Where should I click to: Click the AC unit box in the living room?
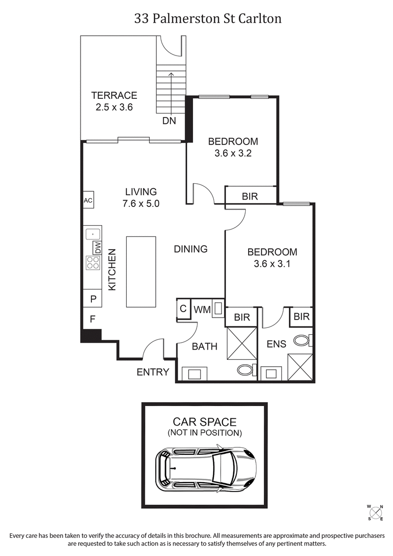[88, 201]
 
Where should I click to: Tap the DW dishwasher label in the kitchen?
[97, 248]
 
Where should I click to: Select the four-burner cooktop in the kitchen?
[92, 263]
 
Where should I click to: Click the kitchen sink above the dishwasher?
[92, 234]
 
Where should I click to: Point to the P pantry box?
[92, 298]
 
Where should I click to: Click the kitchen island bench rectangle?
[141, 271]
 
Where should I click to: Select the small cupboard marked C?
[183, 309]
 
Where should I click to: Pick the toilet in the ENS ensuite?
[301, 340]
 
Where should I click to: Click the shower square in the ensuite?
[300, 367]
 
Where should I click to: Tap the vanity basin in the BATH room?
[194, 374]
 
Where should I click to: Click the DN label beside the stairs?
[169, 120]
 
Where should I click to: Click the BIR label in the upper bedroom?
[250, 197]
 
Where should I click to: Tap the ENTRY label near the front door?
[153, 372]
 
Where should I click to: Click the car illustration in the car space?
[206, 468]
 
